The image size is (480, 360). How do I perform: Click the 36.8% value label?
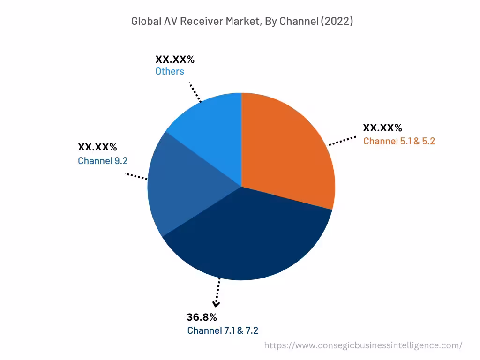coord(202,317)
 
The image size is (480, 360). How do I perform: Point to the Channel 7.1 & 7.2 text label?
coord(223,330)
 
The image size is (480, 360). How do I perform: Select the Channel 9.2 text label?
coord(103,161)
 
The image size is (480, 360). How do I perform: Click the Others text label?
coord(170,71)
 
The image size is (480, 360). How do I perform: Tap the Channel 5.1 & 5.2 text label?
coord(399,141)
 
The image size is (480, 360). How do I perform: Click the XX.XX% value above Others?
coord(175,59)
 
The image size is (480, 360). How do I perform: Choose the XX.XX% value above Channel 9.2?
coord(97,147)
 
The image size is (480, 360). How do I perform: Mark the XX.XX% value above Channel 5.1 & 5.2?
coord(382,127)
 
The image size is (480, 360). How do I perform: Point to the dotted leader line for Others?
coord(195,93)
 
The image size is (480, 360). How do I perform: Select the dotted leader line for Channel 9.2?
coord(136,176)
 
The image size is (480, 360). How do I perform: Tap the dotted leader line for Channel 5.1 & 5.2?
coord(342,141)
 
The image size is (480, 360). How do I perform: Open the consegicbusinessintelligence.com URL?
coord(363,345)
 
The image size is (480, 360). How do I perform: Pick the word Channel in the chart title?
coord(297,21)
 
